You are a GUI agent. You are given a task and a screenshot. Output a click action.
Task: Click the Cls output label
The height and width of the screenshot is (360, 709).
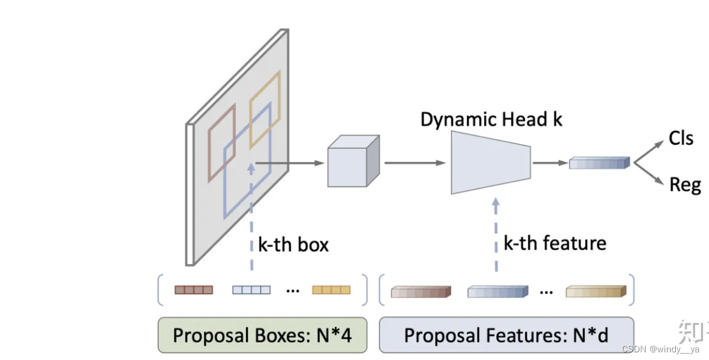click(x=681, y=138)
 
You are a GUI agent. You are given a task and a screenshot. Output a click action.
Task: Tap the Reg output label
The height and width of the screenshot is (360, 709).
click(x=685, y=185)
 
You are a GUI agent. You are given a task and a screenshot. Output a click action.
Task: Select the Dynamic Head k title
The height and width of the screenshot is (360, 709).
click(x=491, y=119)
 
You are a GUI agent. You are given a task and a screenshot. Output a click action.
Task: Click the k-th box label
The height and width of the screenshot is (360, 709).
click(x=293, y=244)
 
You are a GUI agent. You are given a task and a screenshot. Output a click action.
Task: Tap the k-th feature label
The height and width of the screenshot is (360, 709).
click(x=554, y=243)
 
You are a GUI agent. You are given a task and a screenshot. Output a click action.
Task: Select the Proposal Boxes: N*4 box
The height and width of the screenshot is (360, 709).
click(x=263, y=335)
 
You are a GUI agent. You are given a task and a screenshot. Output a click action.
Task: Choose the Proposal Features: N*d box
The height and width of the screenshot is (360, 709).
click(x=507, y=335)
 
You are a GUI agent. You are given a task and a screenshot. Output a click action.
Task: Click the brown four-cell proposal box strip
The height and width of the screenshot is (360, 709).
click(x=194, y=290)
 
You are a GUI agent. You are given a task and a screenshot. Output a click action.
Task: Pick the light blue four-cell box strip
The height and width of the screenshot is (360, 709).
click(x=251, y=290)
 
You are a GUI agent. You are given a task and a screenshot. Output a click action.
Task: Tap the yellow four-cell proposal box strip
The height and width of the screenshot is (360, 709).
click(x=331, y=290)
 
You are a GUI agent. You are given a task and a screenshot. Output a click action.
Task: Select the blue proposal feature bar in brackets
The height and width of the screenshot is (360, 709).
click(x=498, y=292)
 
